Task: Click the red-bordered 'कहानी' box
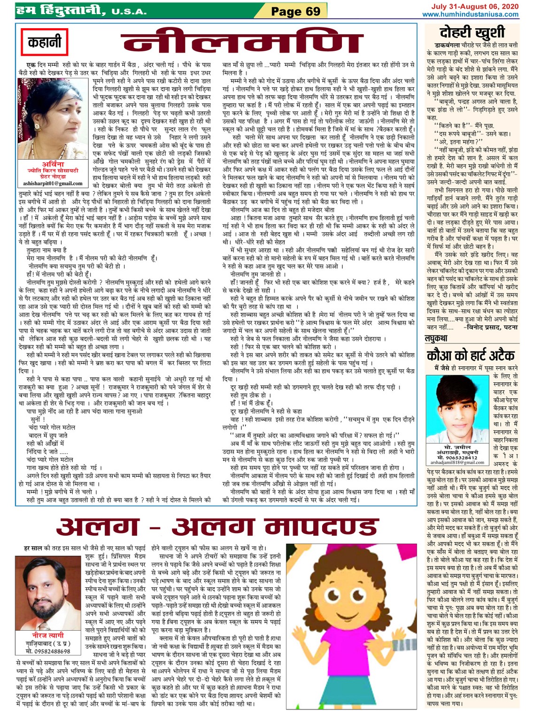(45, 43)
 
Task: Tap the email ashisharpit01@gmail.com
(53, 184)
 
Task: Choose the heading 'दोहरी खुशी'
(472, 32)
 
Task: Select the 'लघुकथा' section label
(436, 338)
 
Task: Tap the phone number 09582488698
(48, 651)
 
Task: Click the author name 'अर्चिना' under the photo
(53, 164)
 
